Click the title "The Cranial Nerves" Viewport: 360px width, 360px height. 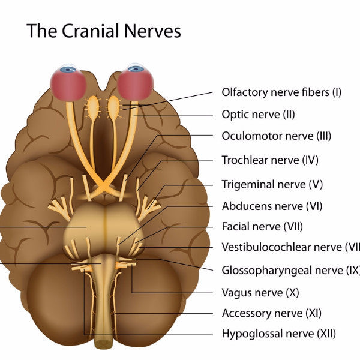[x=103, y=31]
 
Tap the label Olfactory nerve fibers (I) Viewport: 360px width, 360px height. [x=281, y=92]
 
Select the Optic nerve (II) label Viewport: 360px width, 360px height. [x=258, y=114]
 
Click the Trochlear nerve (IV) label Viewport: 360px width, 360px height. [x=270, y=160]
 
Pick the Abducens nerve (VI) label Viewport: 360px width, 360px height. [x=272, y=206]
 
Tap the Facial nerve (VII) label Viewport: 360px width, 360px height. [x=262, y=227]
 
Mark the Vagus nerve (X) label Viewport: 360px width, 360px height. [x=260, y=293]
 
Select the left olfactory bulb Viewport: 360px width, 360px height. [x=93, y=107]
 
